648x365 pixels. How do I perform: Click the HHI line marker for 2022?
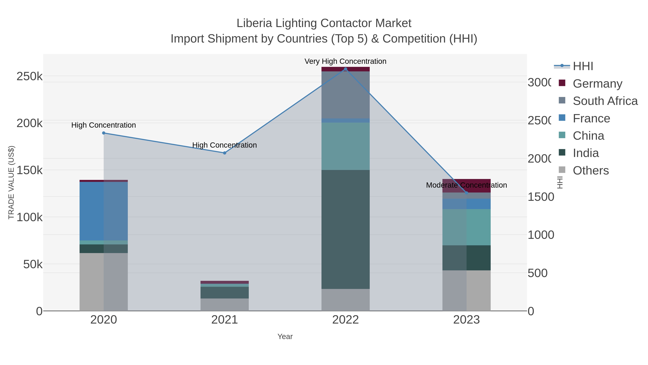345,69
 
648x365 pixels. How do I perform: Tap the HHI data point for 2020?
104,133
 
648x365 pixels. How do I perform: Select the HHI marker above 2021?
225,153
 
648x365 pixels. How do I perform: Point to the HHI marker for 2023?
466,193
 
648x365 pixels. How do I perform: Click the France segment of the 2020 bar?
104,211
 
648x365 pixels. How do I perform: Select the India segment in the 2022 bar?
345,229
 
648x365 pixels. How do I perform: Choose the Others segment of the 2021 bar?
225,305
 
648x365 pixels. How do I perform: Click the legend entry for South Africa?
605,101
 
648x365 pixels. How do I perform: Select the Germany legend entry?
597,84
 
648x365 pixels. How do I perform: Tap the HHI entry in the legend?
583,66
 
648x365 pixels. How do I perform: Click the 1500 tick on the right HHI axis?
541,197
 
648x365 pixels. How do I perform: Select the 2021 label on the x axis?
224,320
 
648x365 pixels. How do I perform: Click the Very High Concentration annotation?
345,61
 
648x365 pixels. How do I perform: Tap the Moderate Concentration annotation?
466,185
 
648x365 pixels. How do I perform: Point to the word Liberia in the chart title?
254,23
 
